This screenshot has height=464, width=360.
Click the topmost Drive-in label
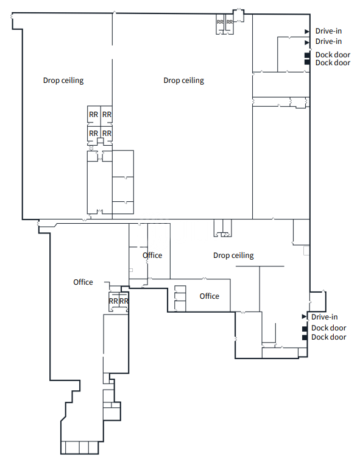click(328, 31)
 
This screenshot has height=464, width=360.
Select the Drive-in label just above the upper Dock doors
click(328, 41)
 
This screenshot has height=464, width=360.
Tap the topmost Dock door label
click(333, 55)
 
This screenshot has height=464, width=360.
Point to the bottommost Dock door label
click(329, 337)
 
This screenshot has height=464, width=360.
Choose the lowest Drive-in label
click(324, 317)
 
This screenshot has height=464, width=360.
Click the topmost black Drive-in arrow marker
click(307, 31)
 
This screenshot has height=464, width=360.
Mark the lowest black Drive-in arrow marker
click(304, 316)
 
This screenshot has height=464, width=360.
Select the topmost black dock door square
click(307, 55)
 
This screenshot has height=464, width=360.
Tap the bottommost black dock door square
click(305, 338)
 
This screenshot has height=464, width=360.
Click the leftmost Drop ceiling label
click(63, 80)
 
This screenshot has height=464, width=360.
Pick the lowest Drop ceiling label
click(233, 255)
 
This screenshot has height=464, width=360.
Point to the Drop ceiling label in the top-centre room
click(183, 80)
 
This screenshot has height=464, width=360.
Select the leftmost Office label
click(83, 282)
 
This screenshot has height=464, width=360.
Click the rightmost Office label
click(210, 296)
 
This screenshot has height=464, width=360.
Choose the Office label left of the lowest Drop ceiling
click(152, 255)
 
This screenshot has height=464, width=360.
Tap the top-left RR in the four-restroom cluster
click(93, 115)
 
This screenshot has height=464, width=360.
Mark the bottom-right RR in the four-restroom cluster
click(107, 134)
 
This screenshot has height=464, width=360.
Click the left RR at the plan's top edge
click(220, 22)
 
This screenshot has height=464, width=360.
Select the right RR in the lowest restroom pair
click(124, 301)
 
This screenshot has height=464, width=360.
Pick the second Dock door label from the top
click(333, 63)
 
